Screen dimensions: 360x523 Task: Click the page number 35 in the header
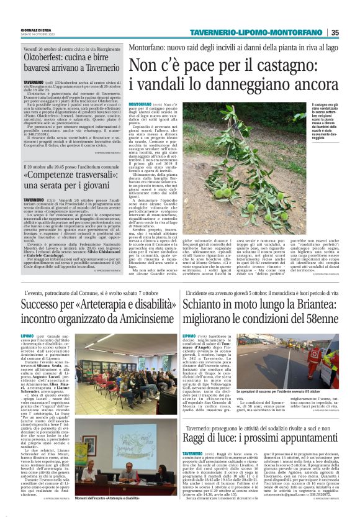[x=352, y=33]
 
